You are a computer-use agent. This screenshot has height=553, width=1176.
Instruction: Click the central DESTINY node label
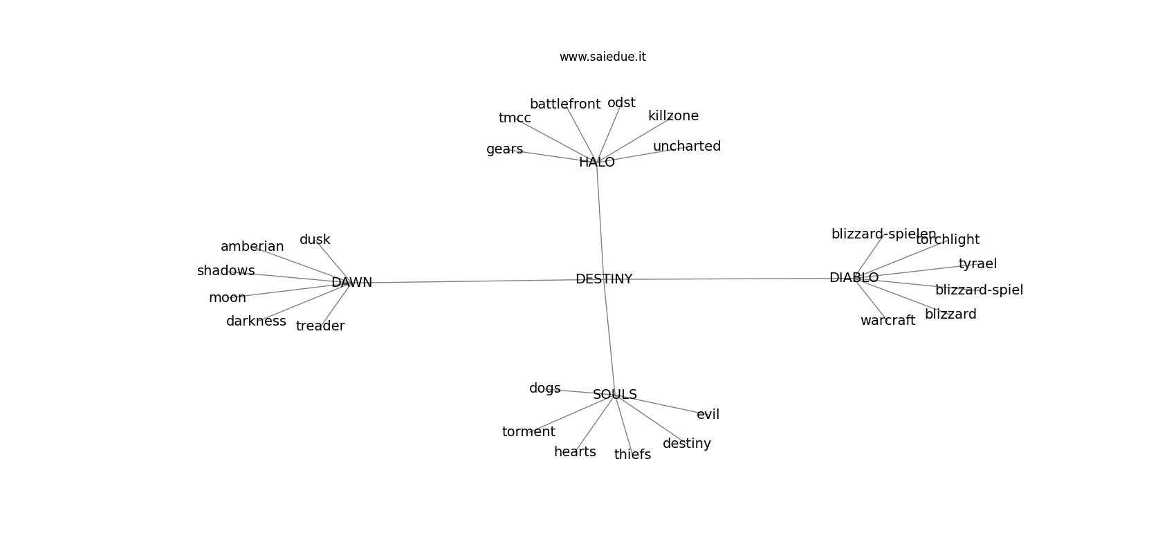[x=604, y=279]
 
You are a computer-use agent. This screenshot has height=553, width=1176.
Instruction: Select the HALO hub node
[x=597, y=162]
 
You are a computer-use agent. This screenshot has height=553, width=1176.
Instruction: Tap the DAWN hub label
[x=351, y=283]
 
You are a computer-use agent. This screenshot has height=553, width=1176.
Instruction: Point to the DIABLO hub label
[x=854, y=278]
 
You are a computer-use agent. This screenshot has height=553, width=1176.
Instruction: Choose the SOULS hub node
[x=614, y=395]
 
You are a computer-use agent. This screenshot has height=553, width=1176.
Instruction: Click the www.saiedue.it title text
[x=603, y=57]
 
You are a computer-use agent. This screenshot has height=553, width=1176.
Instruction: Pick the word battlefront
[x=565, y=104]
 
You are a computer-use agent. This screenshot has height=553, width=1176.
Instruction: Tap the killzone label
[x=673, y=116]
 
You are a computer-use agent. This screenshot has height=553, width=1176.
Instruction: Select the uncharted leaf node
[x=686, y=147]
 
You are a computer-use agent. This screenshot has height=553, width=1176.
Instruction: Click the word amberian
[x=252, y=247]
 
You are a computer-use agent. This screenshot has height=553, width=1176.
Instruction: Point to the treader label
[x=320, y=326]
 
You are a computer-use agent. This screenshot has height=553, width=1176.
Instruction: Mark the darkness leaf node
[x=256, y=321]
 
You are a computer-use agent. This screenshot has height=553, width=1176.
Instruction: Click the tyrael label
[x=977, y=264]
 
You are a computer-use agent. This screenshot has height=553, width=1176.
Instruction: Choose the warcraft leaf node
[x=888, y=321]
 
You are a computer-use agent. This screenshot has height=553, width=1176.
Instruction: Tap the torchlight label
[x=948, y=240]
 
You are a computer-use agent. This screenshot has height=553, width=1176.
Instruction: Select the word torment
[x=529, y=432]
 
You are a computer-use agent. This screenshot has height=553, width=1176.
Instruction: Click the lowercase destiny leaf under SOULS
[x=686, y=444]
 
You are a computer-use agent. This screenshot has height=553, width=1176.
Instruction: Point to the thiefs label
[x=632, y=455]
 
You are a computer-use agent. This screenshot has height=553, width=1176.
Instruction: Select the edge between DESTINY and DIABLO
[x=726, y=279]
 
